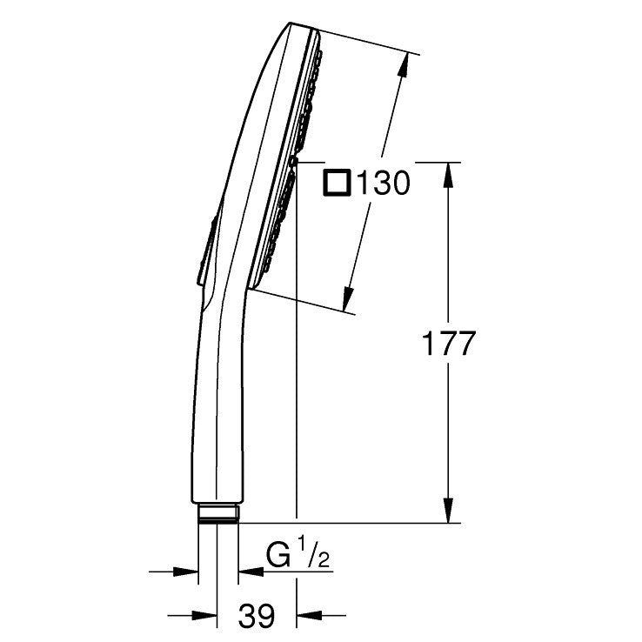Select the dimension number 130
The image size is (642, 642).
(x=384, y=183)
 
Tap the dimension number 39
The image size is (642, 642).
(x=257, y=615)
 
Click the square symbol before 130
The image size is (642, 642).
(x=337, y=183)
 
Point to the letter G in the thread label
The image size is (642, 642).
(x=279, y=555)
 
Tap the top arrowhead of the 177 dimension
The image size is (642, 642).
(x=449, y=175)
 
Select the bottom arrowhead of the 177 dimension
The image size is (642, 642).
(x=449, y=510)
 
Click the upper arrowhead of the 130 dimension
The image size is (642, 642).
(x=404, y=64)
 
